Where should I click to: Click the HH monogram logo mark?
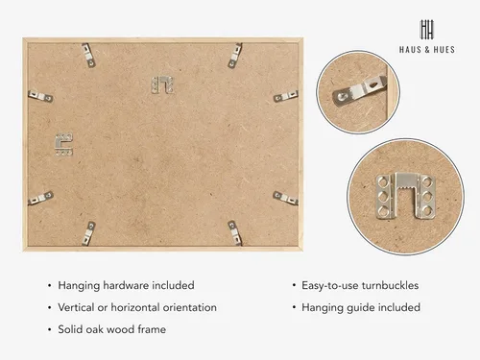click(427, 30)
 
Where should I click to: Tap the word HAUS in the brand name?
click(410, 50)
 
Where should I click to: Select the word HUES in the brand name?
click(444, 50)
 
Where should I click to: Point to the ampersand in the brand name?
click(427, 50)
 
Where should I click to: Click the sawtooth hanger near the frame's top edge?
click(162, 85)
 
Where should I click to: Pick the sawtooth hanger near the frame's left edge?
click(63, 145)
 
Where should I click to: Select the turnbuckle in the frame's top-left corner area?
click(88, 56)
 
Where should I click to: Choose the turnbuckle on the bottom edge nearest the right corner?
click(235, 233)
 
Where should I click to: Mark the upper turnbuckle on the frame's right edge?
click(286, 96)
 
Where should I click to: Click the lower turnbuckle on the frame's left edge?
click(40, 198)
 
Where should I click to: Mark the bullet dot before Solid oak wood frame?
click(49, 329)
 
